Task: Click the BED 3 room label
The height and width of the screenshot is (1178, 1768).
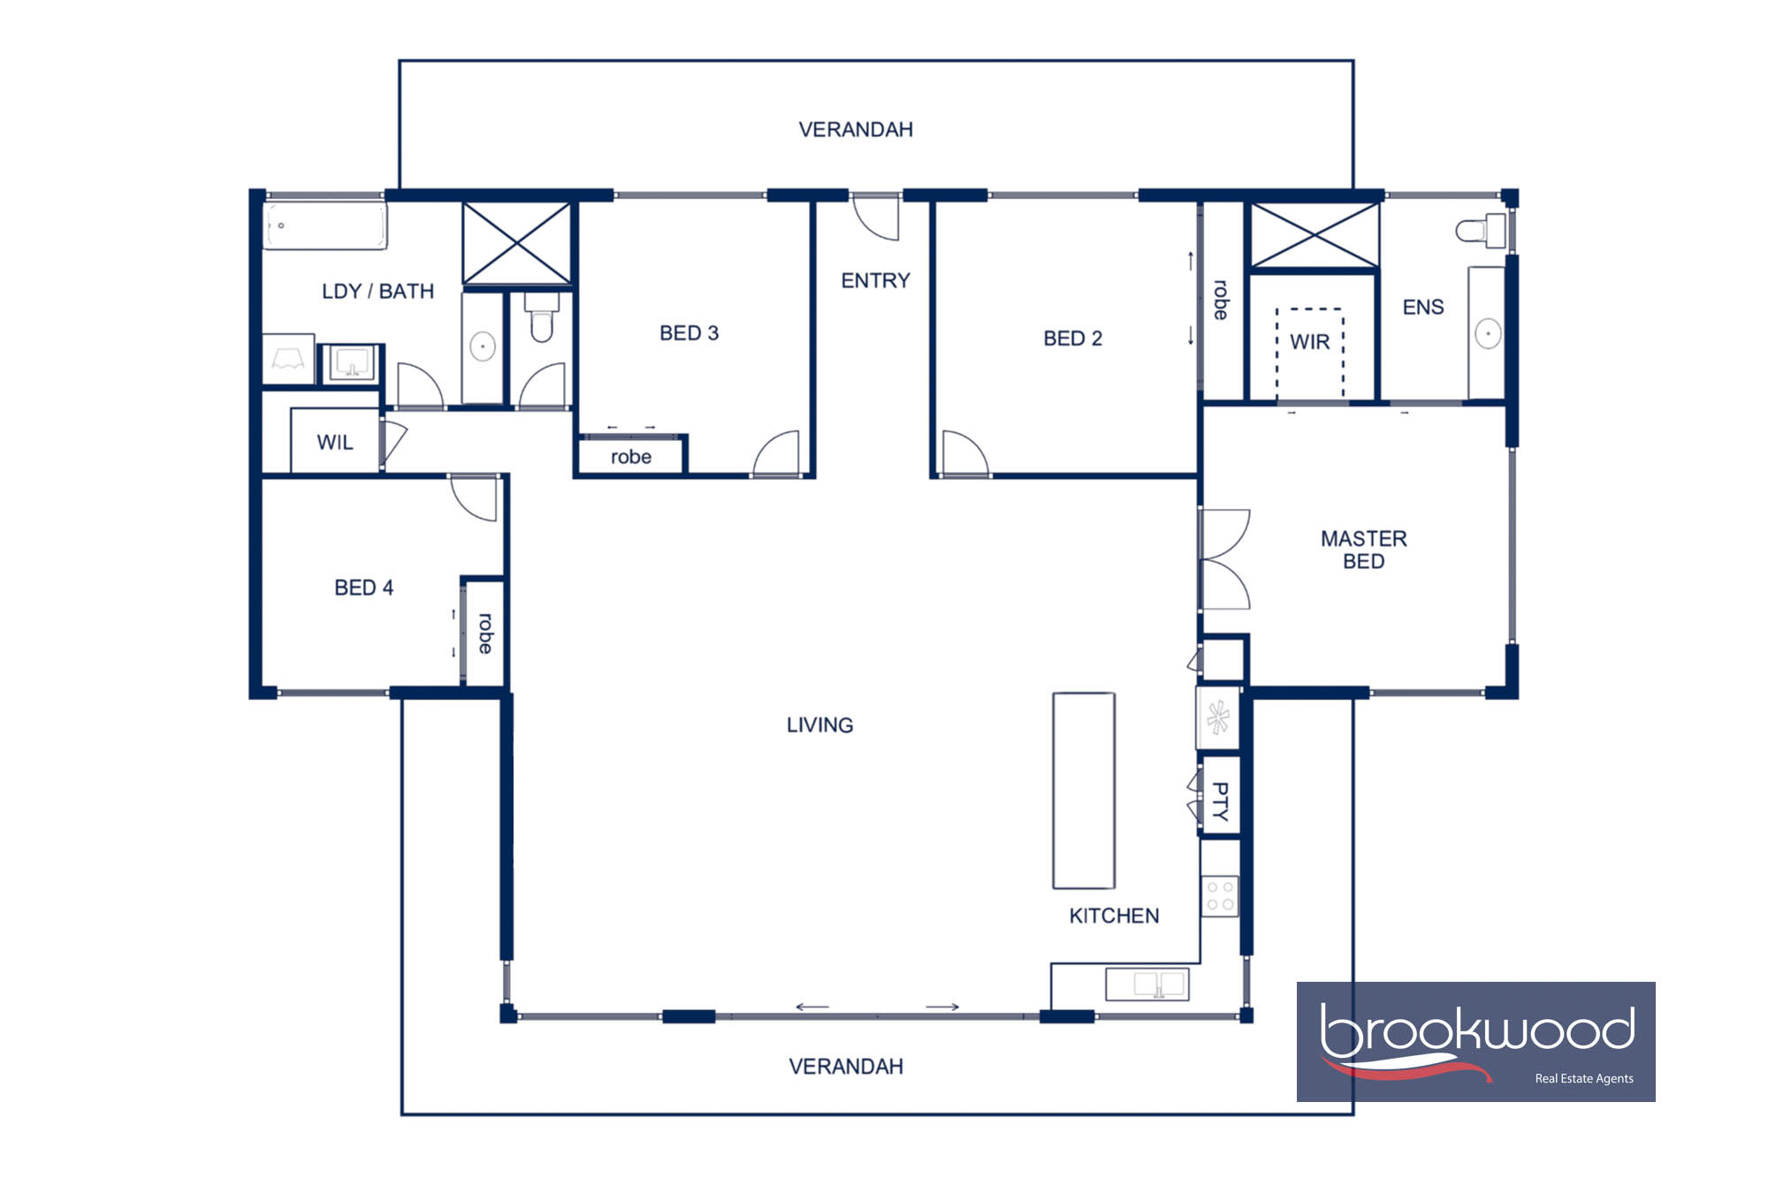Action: tap(689, 333)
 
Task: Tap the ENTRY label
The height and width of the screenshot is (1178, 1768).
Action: tap(875, 281)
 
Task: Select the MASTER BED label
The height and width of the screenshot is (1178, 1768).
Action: tap(1363, 550)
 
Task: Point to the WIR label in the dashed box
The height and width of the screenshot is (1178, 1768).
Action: tap(1309, 342)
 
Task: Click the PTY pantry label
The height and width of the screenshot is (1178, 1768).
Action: tap(1220, 801)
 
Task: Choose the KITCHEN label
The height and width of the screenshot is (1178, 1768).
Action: tap(1114, 916)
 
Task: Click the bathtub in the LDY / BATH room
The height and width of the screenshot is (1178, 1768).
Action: tap(325, 225)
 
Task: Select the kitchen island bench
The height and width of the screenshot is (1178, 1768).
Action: tap(1083, 790)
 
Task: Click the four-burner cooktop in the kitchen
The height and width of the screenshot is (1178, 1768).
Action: tap(1220, 895)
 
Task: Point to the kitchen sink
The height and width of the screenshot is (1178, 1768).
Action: tap(1147, 984)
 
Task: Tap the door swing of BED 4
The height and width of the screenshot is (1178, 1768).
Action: tap(476, 498)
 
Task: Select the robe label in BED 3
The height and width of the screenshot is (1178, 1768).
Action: tap(630, 457)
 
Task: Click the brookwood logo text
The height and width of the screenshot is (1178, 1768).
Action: tap(1476, 1030)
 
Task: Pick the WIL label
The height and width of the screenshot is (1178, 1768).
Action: tap(335, 442)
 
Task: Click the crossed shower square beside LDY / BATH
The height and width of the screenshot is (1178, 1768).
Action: tap(517, 243)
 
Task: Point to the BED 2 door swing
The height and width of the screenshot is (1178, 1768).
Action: tap(964, 453)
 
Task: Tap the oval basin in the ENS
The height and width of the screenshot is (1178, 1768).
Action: tap(1488, 334)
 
